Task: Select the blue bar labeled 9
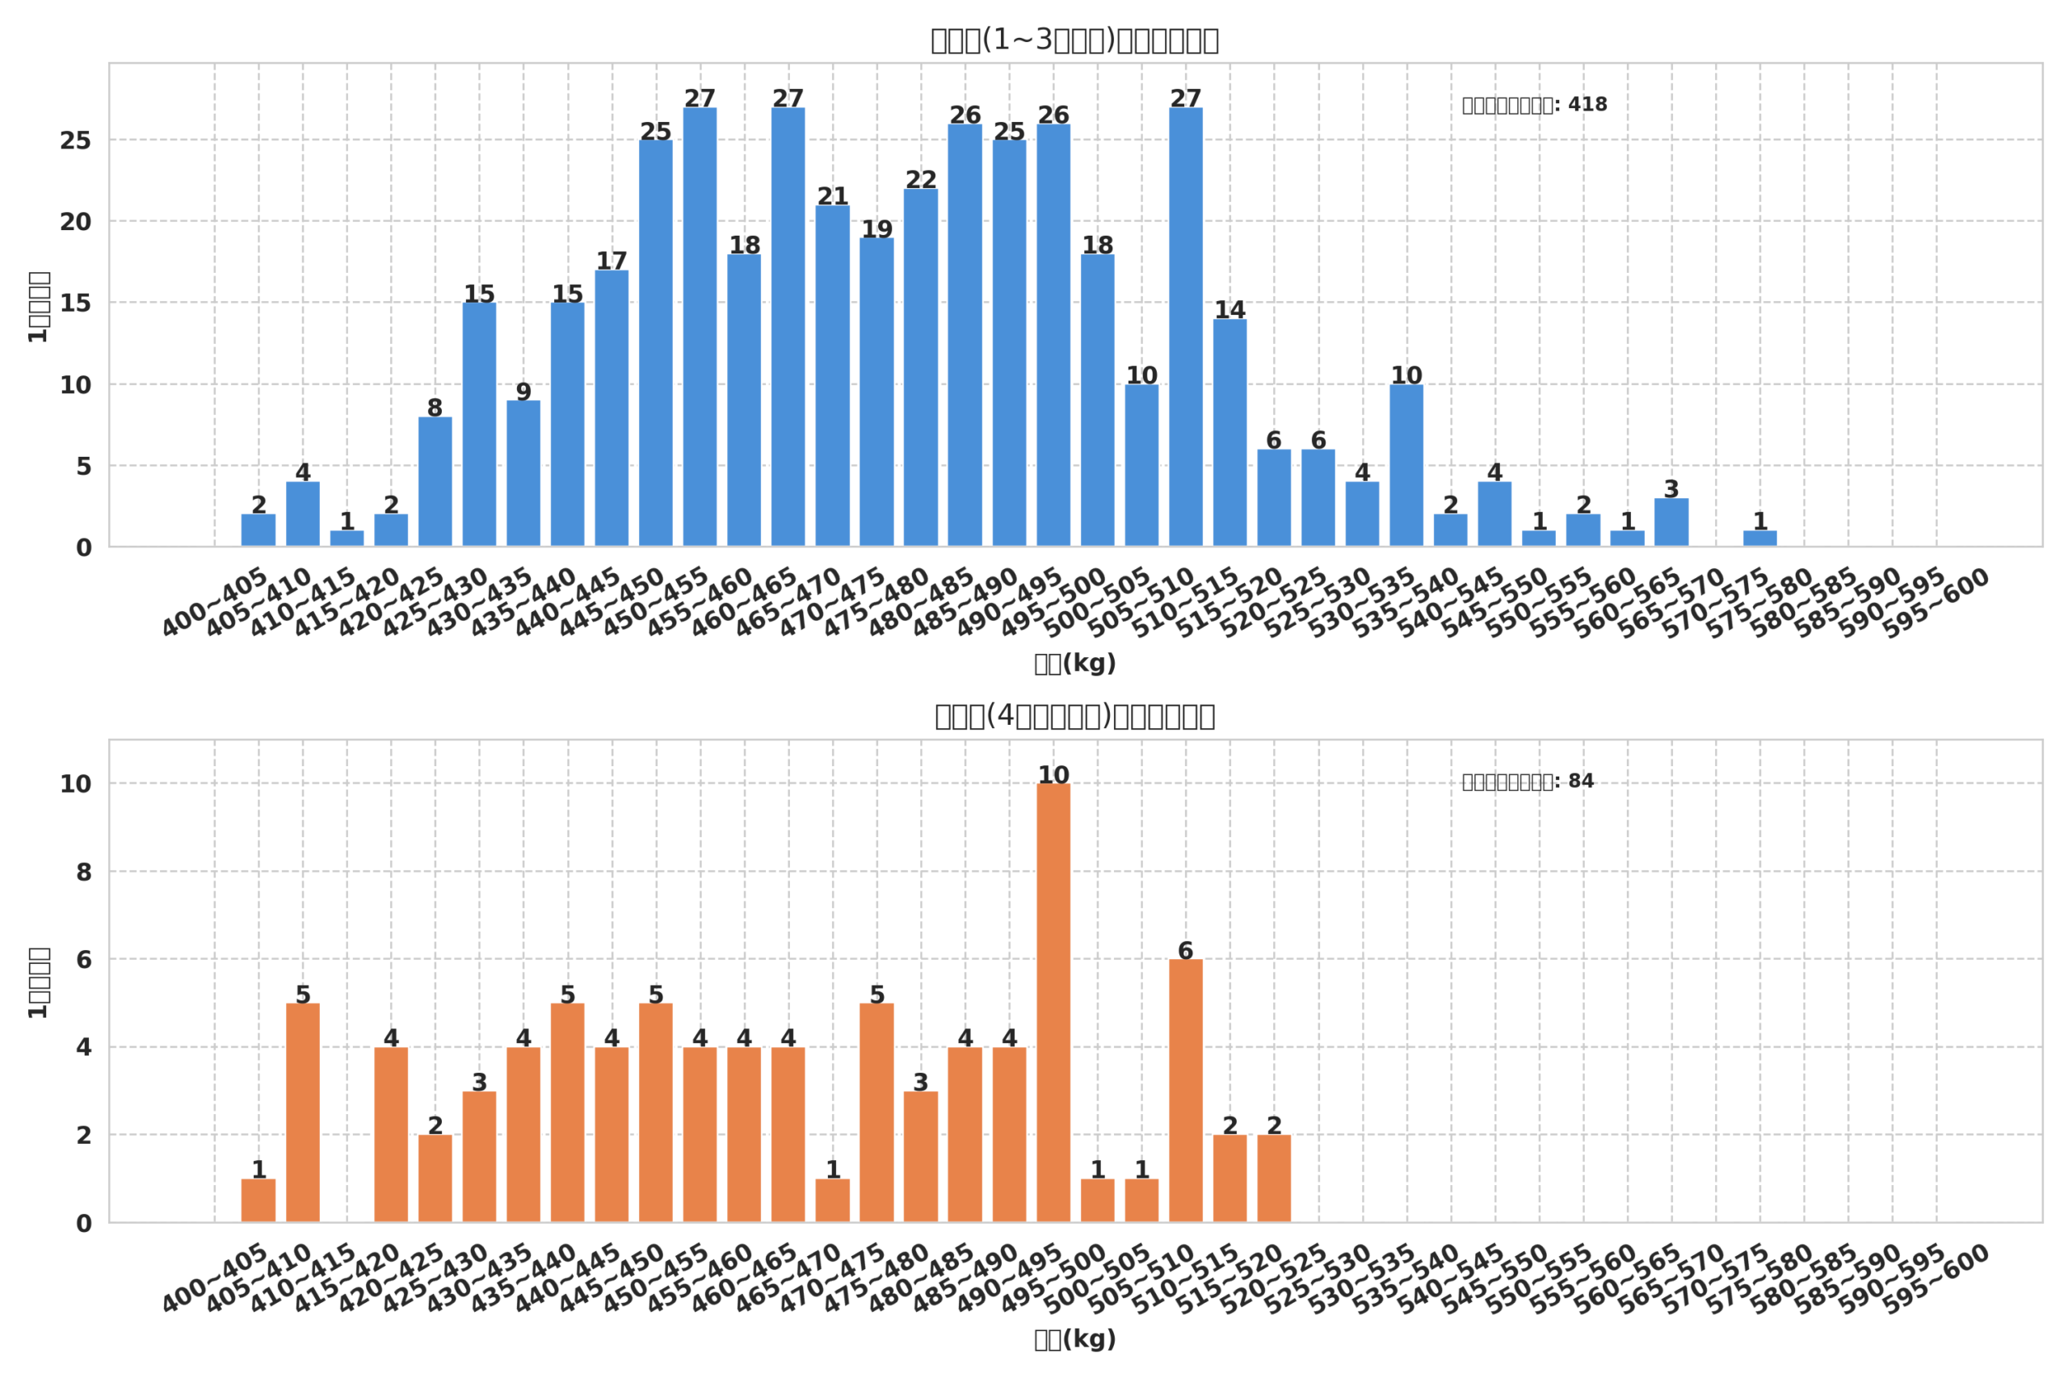tap(523, 474)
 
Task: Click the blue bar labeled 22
tap(921, 368)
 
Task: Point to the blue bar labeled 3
tap(1671, 523)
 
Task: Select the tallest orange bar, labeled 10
tap(1053, 1003)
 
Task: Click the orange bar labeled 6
tap(1185, 1091)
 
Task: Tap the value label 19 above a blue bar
tap(876, 229)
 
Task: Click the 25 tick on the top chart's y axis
tap(76, 140)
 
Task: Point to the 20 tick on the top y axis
tap(76, 222)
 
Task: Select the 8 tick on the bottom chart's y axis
tap(83, 873)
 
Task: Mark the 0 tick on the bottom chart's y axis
tap(83, 1224)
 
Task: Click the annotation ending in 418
tap(1534, 105)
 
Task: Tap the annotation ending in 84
tap(1528, 781)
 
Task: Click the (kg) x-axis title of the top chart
tap(1074, 664)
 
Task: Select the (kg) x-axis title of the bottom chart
tap(1074, 1339)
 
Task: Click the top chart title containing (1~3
tap(1074, 40)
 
